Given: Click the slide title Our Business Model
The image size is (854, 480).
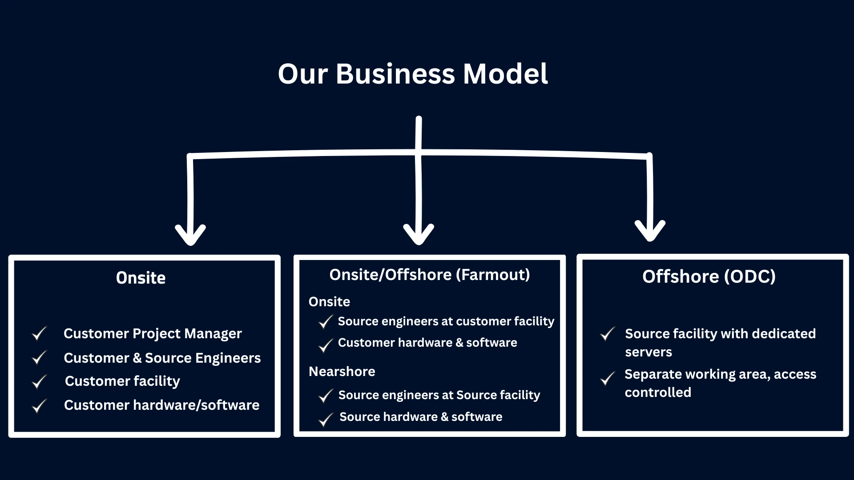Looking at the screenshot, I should [x=413, y=74].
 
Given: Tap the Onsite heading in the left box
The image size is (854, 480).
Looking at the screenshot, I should [x=141, y=278].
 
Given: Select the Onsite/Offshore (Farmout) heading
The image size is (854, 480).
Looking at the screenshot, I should [x=429, y=275].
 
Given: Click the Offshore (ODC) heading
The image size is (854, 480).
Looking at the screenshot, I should [x=709, y=276].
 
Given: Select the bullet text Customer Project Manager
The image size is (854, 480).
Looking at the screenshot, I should [x=153, y=333].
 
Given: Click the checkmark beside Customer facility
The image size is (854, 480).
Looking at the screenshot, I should [x=39, y=382].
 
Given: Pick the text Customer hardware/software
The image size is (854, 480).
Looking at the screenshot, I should [x=161, y=405].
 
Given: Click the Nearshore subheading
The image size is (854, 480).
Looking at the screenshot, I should [x=342, y=371].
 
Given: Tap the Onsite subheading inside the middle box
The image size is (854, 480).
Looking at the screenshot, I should [x=329, y=302].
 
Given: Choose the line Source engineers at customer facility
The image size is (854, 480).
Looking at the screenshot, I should [x=446, y=321].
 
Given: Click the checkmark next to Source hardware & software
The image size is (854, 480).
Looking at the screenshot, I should [x=326, y=419].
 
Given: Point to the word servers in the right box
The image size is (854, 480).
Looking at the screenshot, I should [x=648, y=352].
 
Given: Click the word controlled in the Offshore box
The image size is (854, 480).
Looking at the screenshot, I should [x=657, y=392].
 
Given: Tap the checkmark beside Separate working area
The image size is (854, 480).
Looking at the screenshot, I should [x=607, y=378].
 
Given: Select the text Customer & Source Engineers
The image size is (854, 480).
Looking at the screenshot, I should [x=162, y=358].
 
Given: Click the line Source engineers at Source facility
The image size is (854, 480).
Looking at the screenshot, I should [x=439, y=395].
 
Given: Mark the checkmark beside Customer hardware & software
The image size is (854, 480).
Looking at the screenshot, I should [x=326, y=345].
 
